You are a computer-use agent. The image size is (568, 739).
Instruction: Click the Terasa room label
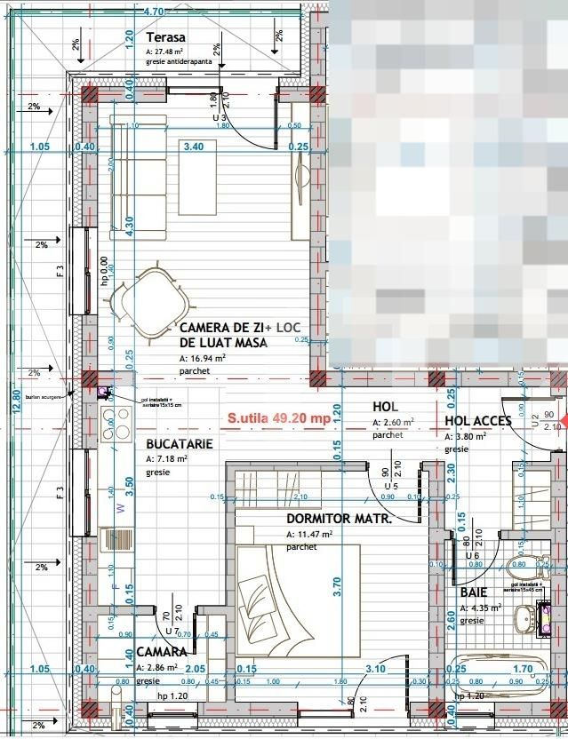(165, 38)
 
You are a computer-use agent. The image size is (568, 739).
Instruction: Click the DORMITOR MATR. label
(339, 519)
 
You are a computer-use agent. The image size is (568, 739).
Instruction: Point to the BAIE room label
(474, 592)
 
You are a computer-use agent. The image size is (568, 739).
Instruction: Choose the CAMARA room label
(162, 653)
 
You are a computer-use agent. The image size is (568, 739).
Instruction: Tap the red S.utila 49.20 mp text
(279, 417)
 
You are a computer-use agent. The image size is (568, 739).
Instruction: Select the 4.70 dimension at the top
(153, 12)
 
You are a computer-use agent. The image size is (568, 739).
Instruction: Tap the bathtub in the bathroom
(498, 678)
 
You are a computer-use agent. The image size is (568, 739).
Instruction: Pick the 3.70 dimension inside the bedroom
(336, 587)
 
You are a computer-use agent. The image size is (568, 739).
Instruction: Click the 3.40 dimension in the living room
(193, 147)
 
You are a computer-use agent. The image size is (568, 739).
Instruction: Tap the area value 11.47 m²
(308, 535)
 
